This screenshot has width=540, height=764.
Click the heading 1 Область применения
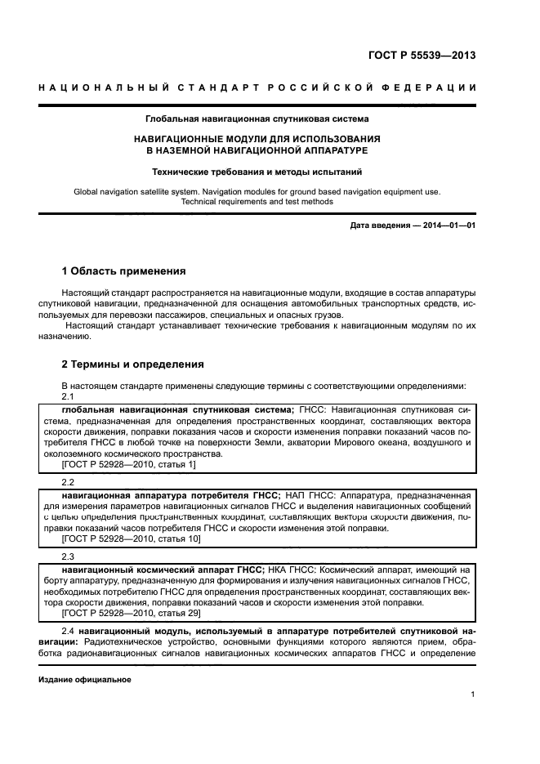coord(124,270)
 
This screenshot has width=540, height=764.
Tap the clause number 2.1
coord(69,396)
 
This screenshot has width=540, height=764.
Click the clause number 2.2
coord(69,482)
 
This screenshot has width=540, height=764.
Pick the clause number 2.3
coord(69,556)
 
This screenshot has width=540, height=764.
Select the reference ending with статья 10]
coord(131,539)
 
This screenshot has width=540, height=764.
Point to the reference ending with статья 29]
coord(131,614)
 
